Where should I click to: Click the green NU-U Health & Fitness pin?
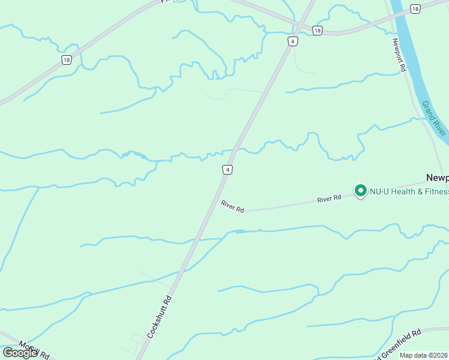pos(361,190)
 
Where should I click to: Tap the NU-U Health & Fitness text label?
pos(409,192)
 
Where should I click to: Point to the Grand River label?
pos(433,118)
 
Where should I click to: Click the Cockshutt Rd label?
pos(159,316)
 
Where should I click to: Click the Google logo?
pos(20,353)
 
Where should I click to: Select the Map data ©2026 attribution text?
pos(424,355)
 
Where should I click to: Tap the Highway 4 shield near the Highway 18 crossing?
pos(292,41)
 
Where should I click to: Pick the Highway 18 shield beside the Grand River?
pos(415,8)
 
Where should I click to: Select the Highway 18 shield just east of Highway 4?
pos(317,30)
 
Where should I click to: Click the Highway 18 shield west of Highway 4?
pos(66,59)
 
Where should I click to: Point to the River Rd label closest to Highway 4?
pos(232,206)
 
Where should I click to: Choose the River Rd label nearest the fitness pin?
pos(329,197)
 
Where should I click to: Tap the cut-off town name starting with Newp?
pos(437,178)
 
